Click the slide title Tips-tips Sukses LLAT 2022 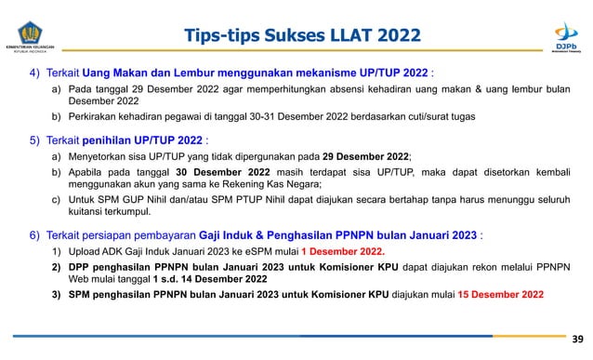pyautogui.click(x=302, y=36)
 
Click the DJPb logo pyautogui.click(x=566, y=34)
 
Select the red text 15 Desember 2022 pyautogui.click(x=500, y=295)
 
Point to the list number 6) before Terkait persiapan pyautogui.click(x=34, y=234)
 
